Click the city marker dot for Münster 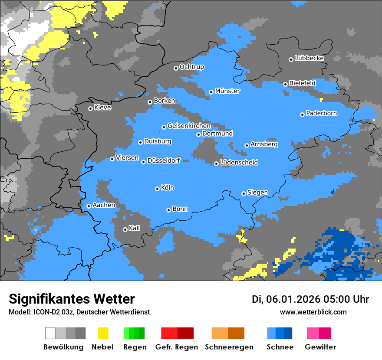coord(211,92)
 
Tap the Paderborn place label coord(322,113)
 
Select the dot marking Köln coord(157,189)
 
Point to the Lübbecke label coord(310,58)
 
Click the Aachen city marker coord(89,206)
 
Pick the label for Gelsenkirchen coord(189,126)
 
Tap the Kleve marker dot coord(90,108)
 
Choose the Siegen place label coord(257,193)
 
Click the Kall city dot coord(125,229)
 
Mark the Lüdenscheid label coord(239,162)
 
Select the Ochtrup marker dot coord(176,68)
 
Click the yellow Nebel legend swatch coord(103,333)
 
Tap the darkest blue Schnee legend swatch coord(288,333)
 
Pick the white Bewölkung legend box coord(50,333)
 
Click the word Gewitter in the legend coord(320,347)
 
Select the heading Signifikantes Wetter coord(72,299)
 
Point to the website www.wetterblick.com coord(313,312)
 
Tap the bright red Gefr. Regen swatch coord(169,333)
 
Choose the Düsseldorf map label coord(164,160)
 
